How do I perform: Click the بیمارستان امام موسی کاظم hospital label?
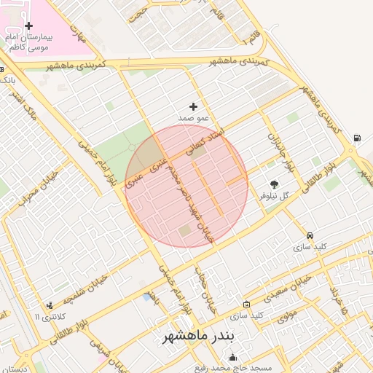[28, 41]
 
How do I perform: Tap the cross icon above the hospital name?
[28, 26]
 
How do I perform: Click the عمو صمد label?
[194, 117]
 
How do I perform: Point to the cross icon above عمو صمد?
[193, 106]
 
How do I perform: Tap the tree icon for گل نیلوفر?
[274, 185]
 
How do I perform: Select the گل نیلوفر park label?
[274, 196]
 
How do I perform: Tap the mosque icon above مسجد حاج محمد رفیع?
[233, 357]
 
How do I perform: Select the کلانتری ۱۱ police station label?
[50, 316]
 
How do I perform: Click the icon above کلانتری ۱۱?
[49, 305]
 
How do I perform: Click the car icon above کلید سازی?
[311, 236]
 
